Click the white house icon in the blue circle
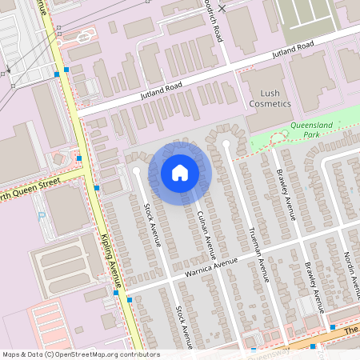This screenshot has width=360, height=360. pos(179,172)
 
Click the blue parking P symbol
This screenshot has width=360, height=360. pos(41,216)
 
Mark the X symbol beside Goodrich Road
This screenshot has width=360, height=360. pos(223,8)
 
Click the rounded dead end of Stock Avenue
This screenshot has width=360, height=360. pos(136,170)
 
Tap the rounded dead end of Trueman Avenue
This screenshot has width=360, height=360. pos(226,145)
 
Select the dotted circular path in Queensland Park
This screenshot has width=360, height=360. pos(279,138)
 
